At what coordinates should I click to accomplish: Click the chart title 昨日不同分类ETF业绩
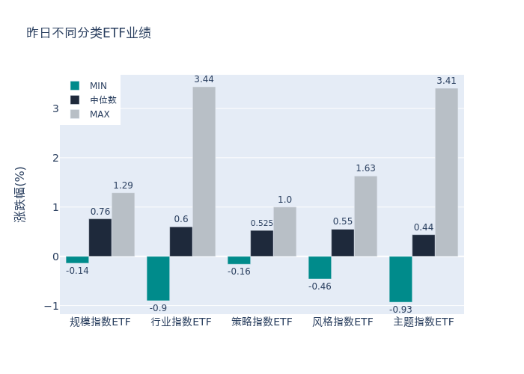tap(89, 33)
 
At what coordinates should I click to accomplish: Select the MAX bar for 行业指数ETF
tap(204, 171)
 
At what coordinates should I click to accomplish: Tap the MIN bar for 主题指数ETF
tap(400, 279)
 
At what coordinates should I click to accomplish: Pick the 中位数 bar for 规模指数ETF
tap(100, 238)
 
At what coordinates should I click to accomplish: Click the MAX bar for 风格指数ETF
tap(365, 216)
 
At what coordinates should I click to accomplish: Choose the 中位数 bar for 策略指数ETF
tap(262, 243)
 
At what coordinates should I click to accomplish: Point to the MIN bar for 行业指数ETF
tap(158, 278)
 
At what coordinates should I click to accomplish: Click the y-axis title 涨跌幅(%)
tap(20, 194)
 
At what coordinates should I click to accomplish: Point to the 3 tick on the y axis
tap(55, 108)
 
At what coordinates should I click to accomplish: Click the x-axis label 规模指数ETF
tap(100, 322)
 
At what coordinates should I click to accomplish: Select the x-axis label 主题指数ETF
tap(424, 322)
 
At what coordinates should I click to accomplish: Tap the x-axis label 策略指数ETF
tap(262, 322)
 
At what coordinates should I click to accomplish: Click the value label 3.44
tap(204, 79)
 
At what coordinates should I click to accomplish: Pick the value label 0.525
tap(262, 223)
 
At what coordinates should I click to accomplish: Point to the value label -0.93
tap(400, 309)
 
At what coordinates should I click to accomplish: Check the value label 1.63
tap(365, 168)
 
